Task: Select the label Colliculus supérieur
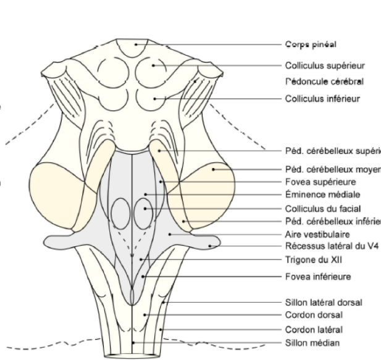[325, 65]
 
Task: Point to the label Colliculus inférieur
[322, 98]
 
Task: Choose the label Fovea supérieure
[318, 182]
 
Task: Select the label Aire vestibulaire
[315, 235]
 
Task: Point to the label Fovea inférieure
[316, 277]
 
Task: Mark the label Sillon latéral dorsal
[323, 303]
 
